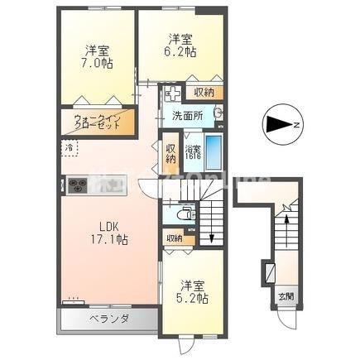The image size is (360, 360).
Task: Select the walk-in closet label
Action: coord(98,122)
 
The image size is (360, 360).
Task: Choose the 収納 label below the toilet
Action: coord(173,239)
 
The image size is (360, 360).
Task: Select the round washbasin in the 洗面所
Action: coord(218,114)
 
